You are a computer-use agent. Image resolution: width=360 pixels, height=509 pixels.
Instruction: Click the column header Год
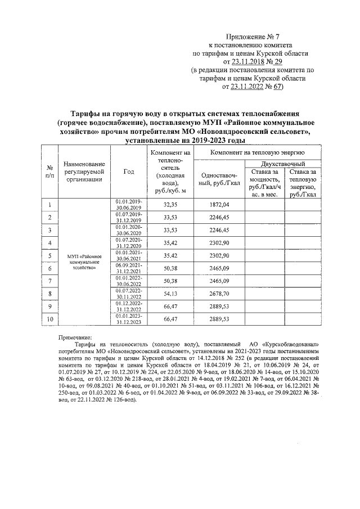click(129, 172)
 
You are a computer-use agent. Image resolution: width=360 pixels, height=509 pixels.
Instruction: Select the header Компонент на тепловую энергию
click(258, 152)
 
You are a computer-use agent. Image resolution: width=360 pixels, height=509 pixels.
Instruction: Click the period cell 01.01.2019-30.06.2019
click(129, 205)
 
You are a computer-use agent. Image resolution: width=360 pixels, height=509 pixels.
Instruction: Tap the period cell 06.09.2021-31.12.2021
click(129, 268)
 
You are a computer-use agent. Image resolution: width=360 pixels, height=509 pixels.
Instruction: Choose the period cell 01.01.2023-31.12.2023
click(129, 319)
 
